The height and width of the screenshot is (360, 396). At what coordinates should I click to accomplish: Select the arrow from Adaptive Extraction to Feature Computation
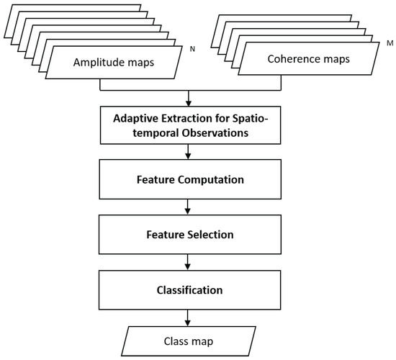coord(188,152)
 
